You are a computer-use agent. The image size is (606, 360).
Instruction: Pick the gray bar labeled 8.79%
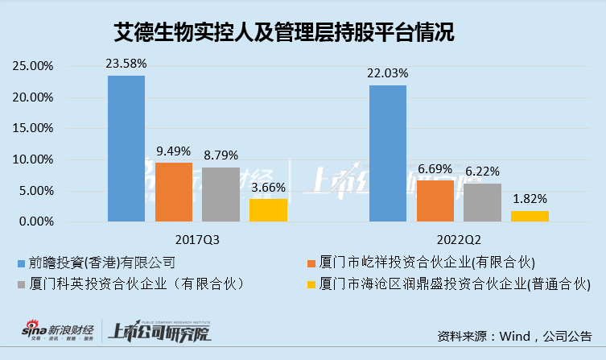click(221, 194)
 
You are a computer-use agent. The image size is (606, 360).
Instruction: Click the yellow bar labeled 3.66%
click(268, 210)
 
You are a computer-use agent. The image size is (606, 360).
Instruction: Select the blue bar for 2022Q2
click(388, 153)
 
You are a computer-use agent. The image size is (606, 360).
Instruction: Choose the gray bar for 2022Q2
click(482, 202)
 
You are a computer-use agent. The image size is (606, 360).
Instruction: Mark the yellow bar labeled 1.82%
click(530, 216)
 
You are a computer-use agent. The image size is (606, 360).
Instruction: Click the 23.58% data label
click(126, 63)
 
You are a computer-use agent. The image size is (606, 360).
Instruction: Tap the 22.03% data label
click(388, 72)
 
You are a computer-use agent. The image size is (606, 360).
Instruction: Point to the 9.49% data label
click(173, 150)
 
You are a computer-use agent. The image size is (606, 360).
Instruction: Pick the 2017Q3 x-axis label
click(197, 239)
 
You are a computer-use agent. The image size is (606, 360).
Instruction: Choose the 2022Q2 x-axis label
click(458, 239)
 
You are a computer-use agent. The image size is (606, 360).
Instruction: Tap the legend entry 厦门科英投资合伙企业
click(129, 284)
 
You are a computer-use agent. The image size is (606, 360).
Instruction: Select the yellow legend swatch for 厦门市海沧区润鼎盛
click(311, 284)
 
